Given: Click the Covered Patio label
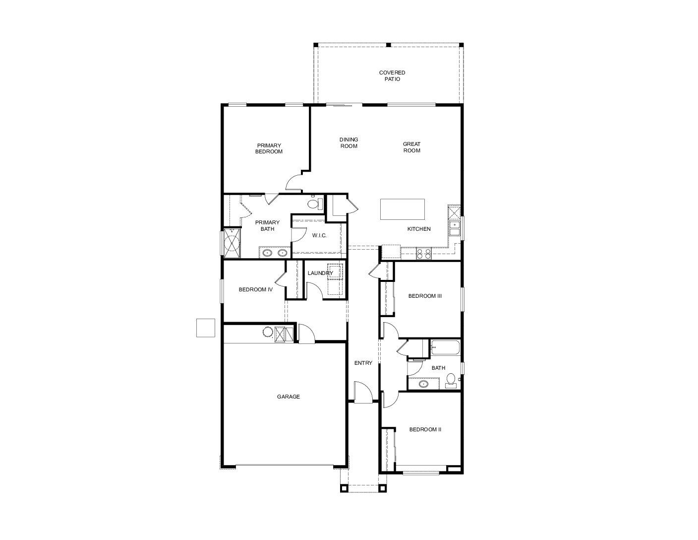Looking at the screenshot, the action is click(x=392, y=75).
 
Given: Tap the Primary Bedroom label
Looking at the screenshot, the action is click(x=269, y=148).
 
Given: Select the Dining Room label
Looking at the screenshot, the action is click(x=349, y=142).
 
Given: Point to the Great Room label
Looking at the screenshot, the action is click(x=411, y=147).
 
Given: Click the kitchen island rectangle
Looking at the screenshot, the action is click(x=402, y=209).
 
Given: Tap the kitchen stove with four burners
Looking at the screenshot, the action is click(x=423, y=254).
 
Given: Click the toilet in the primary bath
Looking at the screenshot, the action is click(x=314, y=203).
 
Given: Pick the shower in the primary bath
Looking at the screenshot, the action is click(x=232, y=243).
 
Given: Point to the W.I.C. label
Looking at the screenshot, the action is click(x=319, y=235).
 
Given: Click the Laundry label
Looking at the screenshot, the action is click(x=320, y=273).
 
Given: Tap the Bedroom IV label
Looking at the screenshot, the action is click(x=256, y=289).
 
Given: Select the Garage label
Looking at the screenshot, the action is click(x=289, y=397).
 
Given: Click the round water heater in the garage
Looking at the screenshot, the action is click(x=268, y=332).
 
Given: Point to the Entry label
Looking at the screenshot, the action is click(x=363, y=363).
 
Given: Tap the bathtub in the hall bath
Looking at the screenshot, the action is click(x=446, y=347).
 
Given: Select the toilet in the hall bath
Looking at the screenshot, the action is click(x=451, y=381).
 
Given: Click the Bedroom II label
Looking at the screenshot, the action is click(x=425, y=429).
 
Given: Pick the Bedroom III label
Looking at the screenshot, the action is click(x=425, y=296).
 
